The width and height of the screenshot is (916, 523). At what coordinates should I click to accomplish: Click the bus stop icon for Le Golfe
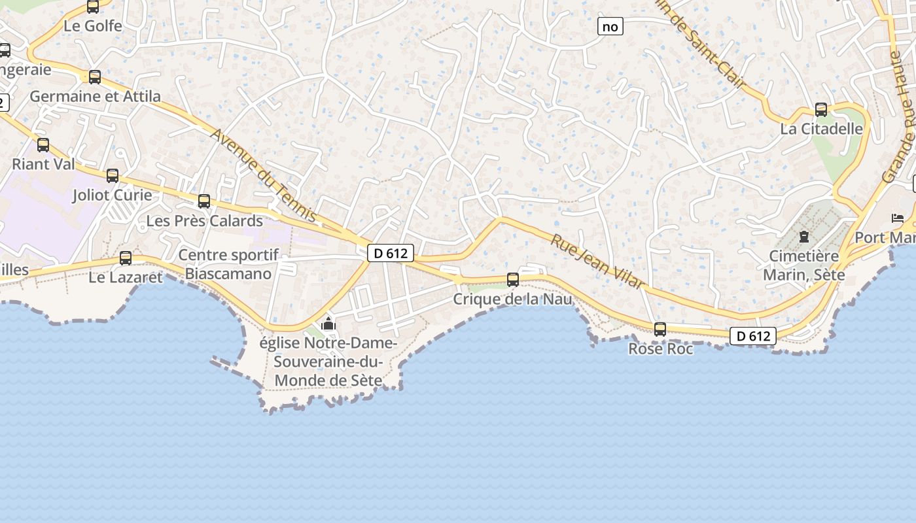(93, 7)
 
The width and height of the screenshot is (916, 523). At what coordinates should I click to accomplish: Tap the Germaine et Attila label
(96, 96)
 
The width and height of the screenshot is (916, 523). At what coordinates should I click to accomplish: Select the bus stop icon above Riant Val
(43, 145)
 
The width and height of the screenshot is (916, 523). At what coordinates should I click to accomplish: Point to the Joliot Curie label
(113, 195)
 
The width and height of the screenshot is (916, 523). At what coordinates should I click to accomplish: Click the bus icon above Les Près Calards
(204, 201)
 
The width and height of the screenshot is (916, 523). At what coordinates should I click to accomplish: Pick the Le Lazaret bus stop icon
(126, 258)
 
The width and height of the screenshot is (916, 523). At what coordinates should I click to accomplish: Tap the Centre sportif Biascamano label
(228, 264)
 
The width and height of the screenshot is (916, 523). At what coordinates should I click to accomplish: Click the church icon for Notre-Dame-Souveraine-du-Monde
(328, 324)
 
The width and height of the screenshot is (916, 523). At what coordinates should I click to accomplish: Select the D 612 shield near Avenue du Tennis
(391, 253)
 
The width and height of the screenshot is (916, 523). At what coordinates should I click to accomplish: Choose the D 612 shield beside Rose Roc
(753, 336)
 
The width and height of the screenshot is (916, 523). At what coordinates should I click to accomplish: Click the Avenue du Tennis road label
(264, 175)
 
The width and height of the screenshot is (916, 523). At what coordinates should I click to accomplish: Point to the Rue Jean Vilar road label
(597, 261)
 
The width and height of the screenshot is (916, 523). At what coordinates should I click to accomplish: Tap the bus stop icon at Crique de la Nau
(513, 280)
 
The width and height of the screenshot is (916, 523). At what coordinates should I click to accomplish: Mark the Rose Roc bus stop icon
(660, 329)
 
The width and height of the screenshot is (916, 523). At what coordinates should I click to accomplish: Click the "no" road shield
(610, 26)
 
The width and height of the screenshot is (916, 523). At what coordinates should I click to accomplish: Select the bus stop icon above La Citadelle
(821, 110)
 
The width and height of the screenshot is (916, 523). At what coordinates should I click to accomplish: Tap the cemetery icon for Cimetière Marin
(804, 237)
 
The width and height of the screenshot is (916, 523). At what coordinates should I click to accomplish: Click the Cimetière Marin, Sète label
(804, 265)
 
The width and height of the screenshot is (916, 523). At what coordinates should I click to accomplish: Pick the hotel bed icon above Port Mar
(897, 218)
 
